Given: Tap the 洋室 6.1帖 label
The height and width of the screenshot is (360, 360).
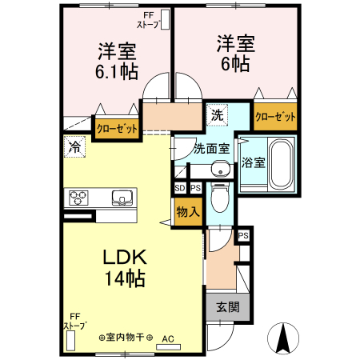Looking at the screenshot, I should [117, 60].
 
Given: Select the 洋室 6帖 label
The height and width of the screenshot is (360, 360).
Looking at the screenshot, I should [234, 53].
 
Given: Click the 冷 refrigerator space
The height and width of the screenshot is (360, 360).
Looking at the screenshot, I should [74, 147].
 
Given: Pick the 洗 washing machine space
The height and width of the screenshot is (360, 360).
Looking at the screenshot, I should [218, 115].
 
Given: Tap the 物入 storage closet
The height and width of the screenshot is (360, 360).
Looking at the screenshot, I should [186, 212].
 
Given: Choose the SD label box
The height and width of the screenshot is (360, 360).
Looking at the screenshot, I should [180, 188].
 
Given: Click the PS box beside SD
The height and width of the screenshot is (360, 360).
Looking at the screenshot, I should [194, 188].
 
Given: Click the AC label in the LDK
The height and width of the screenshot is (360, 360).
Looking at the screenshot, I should [168, 338].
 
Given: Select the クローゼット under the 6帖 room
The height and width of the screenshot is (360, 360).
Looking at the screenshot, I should [275, 116].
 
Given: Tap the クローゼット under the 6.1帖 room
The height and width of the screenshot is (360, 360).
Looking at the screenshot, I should [117, 128].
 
